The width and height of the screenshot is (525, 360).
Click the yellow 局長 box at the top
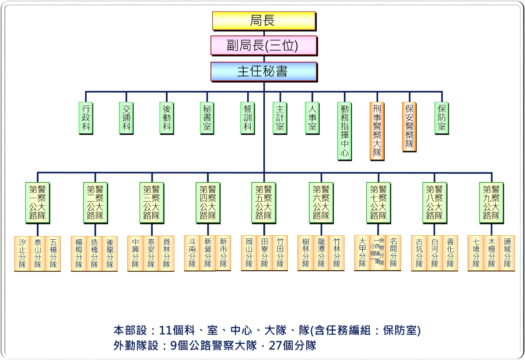[263, 21]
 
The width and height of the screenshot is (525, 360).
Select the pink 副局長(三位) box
[263, 45]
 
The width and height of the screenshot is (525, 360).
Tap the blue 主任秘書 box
[263, 71]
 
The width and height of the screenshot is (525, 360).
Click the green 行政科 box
[86, 118]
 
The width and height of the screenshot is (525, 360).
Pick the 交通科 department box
[126, 118]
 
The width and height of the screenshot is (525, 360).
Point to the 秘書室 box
[207, 118]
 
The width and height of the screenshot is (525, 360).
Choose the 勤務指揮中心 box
[344, 131]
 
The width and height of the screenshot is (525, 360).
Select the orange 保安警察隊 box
[409, 126]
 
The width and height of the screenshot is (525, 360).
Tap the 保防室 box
[442, 118]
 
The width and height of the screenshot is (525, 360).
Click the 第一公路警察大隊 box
[38, 203]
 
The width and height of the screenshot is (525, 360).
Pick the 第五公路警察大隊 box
[264, 203]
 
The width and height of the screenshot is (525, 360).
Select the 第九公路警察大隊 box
[491, 203]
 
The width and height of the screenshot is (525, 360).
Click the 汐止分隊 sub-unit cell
[22, 253]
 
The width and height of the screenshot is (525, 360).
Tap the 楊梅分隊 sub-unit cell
[79, 253]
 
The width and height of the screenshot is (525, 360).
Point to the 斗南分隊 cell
[192, 253]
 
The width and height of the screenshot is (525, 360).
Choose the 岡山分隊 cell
[249, 253]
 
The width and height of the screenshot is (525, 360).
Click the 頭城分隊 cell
[507, 253]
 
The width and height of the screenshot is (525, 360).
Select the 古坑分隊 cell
[419, 253]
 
